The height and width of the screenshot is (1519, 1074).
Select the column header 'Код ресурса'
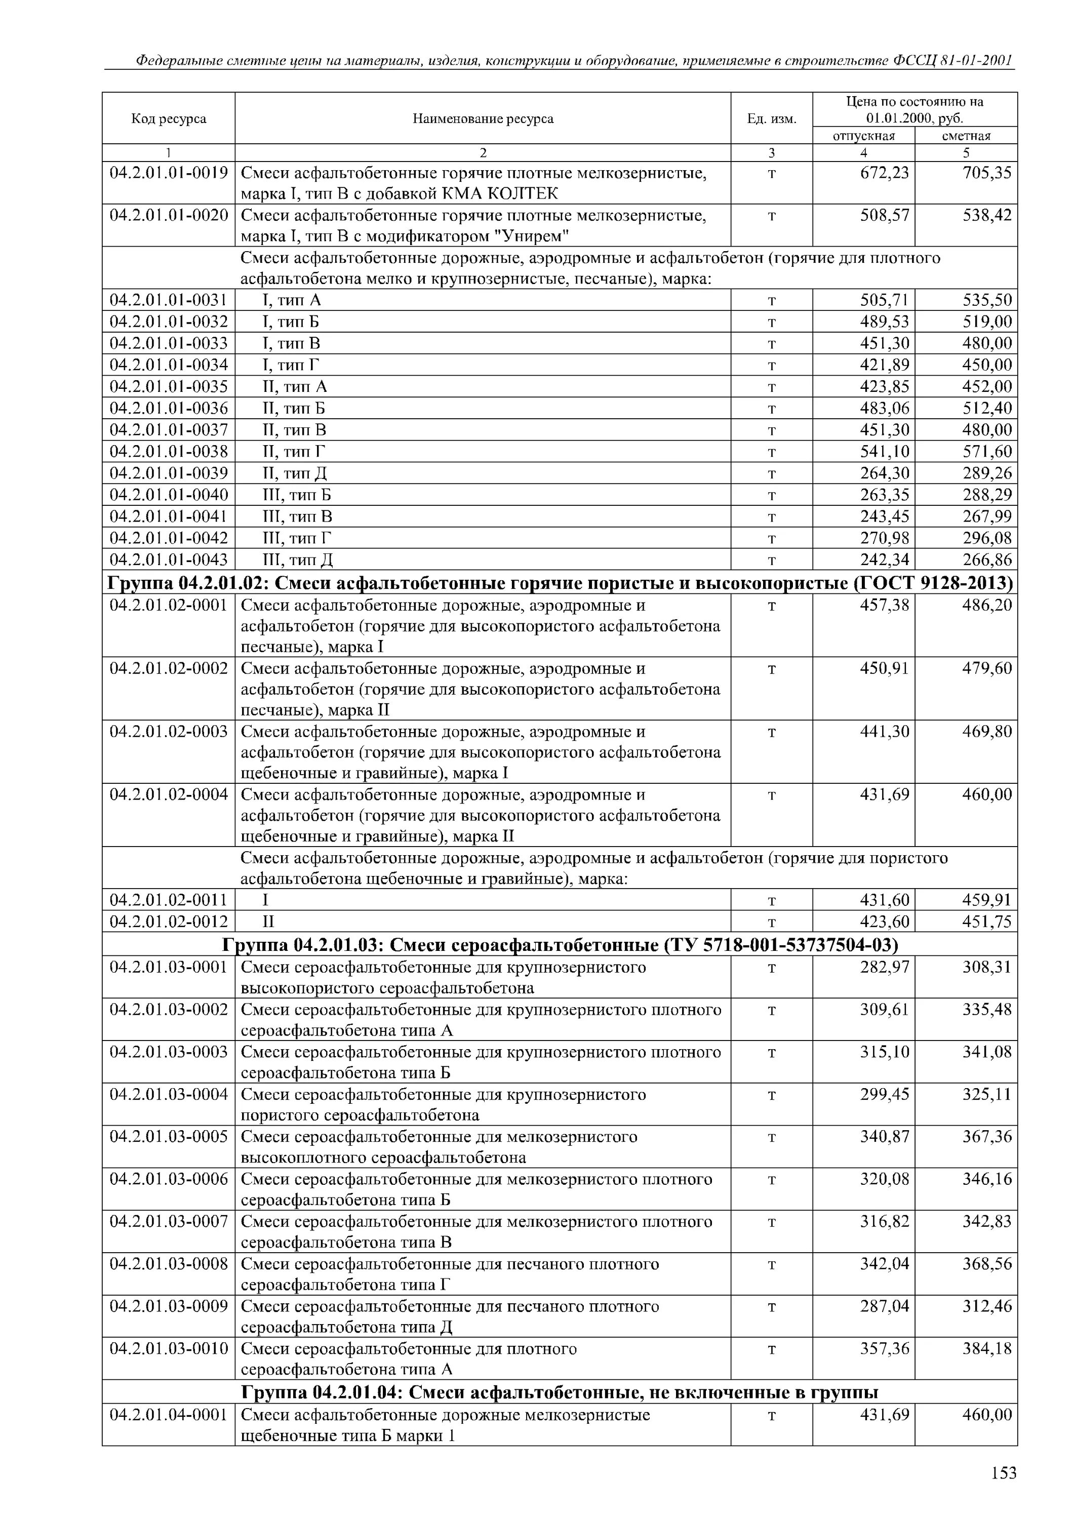pyautogui.click(x=169, y=119)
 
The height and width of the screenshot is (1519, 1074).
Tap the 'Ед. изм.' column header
pyautogui.click(x=772, y=119)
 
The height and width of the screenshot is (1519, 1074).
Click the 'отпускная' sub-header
pyautogui.click(x=863, y=136)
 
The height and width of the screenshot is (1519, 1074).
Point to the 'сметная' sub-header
pyautogui.click(x=966, y=136)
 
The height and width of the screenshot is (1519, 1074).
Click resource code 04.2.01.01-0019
pyautogui.click(x=169, y=173)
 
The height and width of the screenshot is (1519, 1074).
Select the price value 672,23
pyautogui.click(x=884, y=173)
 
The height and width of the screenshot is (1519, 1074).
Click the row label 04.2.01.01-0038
pyautogui.click(x=169, y=452)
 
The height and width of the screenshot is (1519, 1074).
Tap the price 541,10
pyautogui.click(x=884, y=452)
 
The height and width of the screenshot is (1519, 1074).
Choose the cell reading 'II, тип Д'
pyautogui.click(x=295, y=474)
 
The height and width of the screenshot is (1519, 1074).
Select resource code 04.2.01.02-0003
pyautogui.click(x=169, y=732)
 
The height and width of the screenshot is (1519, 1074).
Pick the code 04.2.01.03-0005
pyautogui.click(x=169, y=1137)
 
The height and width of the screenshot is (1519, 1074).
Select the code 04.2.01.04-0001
pyautogui.click(x=169, y=1415)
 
